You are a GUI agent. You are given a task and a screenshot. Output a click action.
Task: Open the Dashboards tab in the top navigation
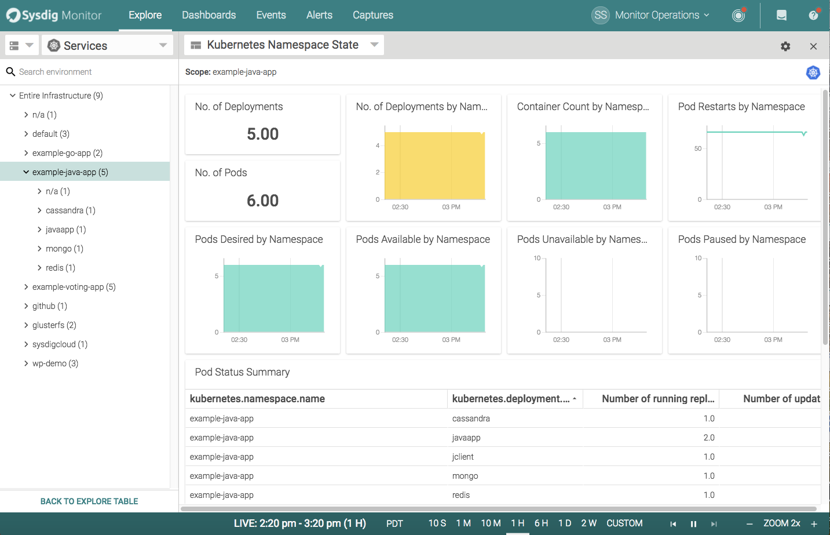[x=209, y=15]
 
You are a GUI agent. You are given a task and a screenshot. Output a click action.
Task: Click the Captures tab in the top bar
[x=372, y=15]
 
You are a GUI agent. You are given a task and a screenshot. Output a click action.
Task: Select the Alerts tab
[x=319, y=15]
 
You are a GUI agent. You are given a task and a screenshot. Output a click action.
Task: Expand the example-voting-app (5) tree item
[x=74, y=287]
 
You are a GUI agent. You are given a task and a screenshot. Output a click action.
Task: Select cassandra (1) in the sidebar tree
[x=70, y=210]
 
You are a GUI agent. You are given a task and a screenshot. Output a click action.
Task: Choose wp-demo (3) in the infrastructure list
[x=55, y=363]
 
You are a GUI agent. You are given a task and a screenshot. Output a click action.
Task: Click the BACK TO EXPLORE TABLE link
[x=89, y=501]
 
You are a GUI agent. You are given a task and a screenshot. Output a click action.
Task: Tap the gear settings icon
[x=785, y=46]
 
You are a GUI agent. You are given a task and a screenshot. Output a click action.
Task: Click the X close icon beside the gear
[x=813, y=46]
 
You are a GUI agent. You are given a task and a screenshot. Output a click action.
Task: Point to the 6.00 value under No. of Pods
[x=262, y=201]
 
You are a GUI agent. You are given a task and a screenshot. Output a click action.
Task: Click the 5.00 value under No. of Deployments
[x=262, y=134]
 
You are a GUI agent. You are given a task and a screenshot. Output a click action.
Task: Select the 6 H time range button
[x=541, y=523]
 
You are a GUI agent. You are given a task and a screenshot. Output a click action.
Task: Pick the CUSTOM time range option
[x=624, y=523]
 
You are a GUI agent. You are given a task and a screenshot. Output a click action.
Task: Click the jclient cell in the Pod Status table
[x=463, y=457]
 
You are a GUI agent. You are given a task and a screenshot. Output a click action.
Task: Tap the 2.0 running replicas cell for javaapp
[x=709, y=438]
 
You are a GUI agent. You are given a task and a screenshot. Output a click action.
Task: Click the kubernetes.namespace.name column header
[x=257, y=399]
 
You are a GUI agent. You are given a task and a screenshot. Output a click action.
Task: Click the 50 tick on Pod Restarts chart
[x=698, y=148]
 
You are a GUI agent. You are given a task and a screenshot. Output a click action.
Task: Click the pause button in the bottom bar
[x=693, y=524]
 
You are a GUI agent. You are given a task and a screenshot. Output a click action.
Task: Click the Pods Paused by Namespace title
[x=741, y=239]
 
